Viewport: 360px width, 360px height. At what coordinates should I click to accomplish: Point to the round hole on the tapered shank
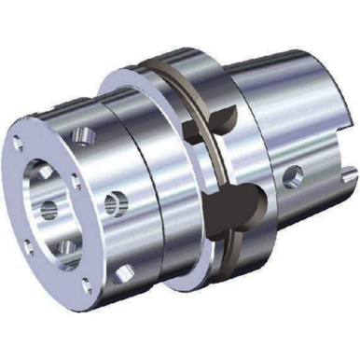(293, 173)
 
